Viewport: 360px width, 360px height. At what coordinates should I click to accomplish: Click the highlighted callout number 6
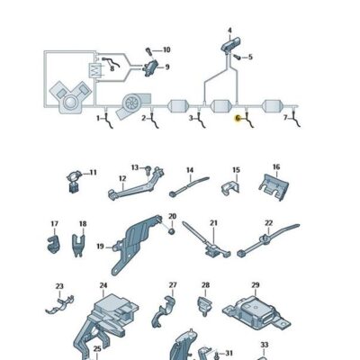point(238,118)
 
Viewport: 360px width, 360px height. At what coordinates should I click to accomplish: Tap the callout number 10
point(166,49)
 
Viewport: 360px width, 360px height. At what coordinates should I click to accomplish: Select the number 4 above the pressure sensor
point(229,30)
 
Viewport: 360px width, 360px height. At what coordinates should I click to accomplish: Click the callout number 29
point(255,285)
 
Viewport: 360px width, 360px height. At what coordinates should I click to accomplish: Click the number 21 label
point(213,222)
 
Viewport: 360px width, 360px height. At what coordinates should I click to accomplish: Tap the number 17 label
point(55,223)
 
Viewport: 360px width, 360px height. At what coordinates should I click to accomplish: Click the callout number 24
point(103,285)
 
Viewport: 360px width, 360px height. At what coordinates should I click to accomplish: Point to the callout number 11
point(93,171)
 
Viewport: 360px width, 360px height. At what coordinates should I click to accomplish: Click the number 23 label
point(60,287)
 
